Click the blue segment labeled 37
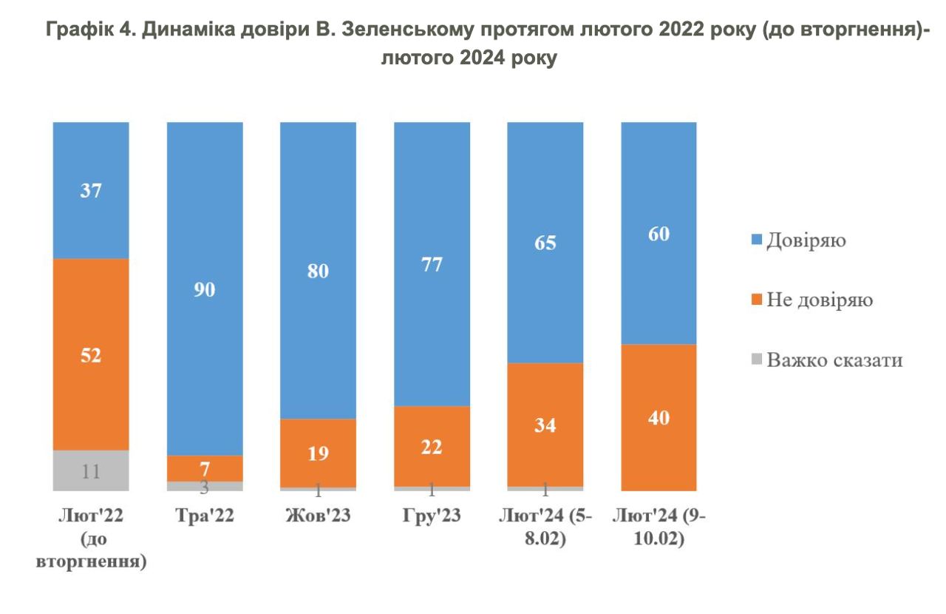click(x=92, y=190)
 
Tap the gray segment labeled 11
click(x=92, y=470)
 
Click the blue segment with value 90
click(x=205, y=289)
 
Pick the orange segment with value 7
click(x=205, y=468)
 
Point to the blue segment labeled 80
click(x=318, y=270)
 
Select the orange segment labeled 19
click(x=318, y=453)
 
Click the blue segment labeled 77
click(x=432, y=264)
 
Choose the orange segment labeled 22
click(x=432, y=446)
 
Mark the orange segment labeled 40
click(x=659, y=417)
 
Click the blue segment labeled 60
click(x=659, y=233)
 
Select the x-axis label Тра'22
click(x=205, y=517)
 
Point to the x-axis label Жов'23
click(x=318, y=517)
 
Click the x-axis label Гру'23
click(x=432, y=517)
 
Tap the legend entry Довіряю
click(x=806, y=240)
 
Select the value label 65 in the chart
click(x=545, y=243)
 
